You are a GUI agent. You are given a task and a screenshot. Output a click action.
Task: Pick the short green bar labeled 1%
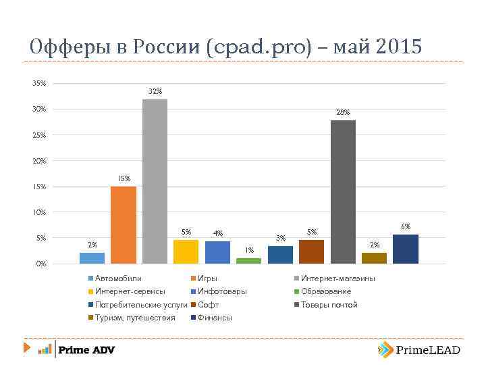point(248,260)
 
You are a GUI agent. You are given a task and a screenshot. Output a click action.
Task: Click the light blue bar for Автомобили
point(92,258)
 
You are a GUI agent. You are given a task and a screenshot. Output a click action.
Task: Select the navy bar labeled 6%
point(406,249)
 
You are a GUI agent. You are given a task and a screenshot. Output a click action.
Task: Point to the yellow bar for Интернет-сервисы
point(186,251)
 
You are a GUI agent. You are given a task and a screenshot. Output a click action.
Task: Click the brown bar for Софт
point(311,251)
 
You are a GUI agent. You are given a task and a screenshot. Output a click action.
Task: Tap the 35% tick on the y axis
point(39,84)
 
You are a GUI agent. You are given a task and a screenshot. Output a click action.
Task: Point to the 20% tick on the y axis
point(39,161)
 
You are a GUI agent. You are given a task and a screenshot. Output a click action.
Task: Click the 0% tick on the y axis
point(41,264)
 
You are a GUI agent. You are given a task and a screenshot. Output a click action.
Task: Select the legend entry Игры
point(207,278)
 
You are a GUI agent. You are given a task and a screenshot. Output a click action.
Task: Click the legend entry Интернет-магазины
point(337,278)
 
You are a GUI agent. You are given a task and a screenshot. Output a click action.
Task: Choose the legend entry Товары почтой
point(329,305)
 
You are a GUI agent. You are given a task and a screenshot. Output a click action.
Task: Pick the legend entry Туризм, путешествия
point(134,318)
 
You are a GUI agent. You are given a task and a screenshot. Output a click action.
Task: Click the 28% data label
point(343,113)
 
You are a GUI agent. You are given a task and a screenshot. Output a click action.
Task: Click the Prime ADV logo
point(76,349)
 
